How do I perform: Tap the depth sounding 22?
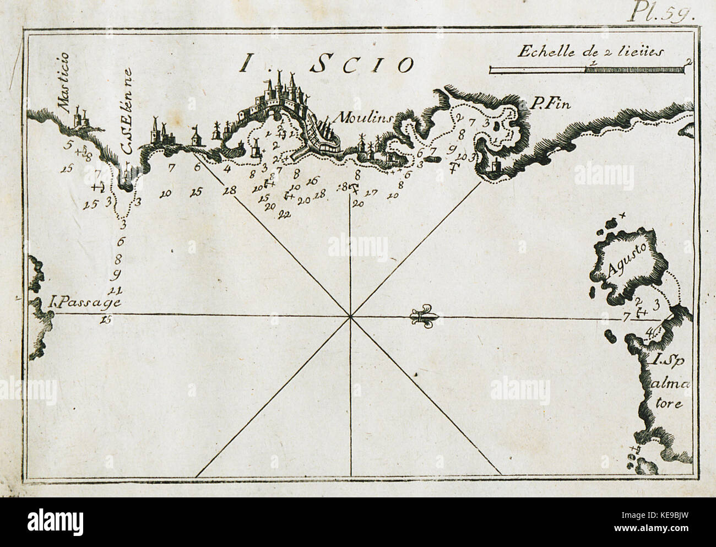point(285,214)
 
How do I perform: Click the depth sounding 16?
point(312,181)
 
